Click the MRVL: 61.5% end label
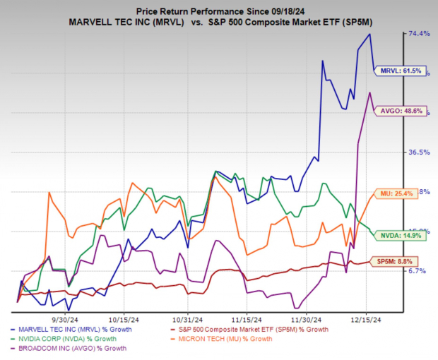(x=403, y=71)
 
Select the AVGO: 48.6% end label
(x=403, y=111)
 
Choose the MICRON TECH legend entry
(x=230, y=339)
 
